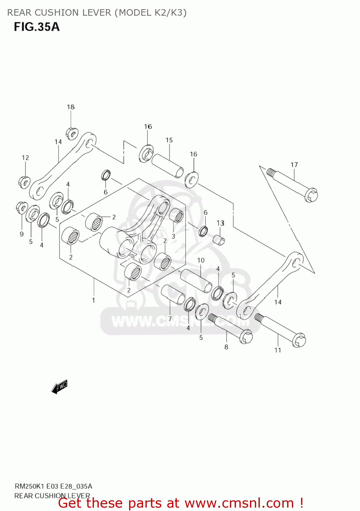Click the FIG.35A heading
click(37, 27)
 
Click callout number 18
click(71, 107)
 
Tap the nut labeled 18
click(72, 133)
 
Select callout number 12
click(26, 158)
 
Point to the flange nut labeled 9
click(22, 207)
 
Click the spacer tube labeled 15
click(167, 166)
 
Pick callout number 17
click(294, 165)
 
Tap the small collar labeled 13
click(219, 240)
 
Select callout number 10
click(201, 260)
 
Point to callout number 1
click(94, 300)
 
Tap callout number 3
click(173, 236)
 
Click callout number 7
click(170, 319)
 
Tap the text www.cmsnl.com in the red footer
click(239, 503)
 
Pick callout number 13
click(220, 223)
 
